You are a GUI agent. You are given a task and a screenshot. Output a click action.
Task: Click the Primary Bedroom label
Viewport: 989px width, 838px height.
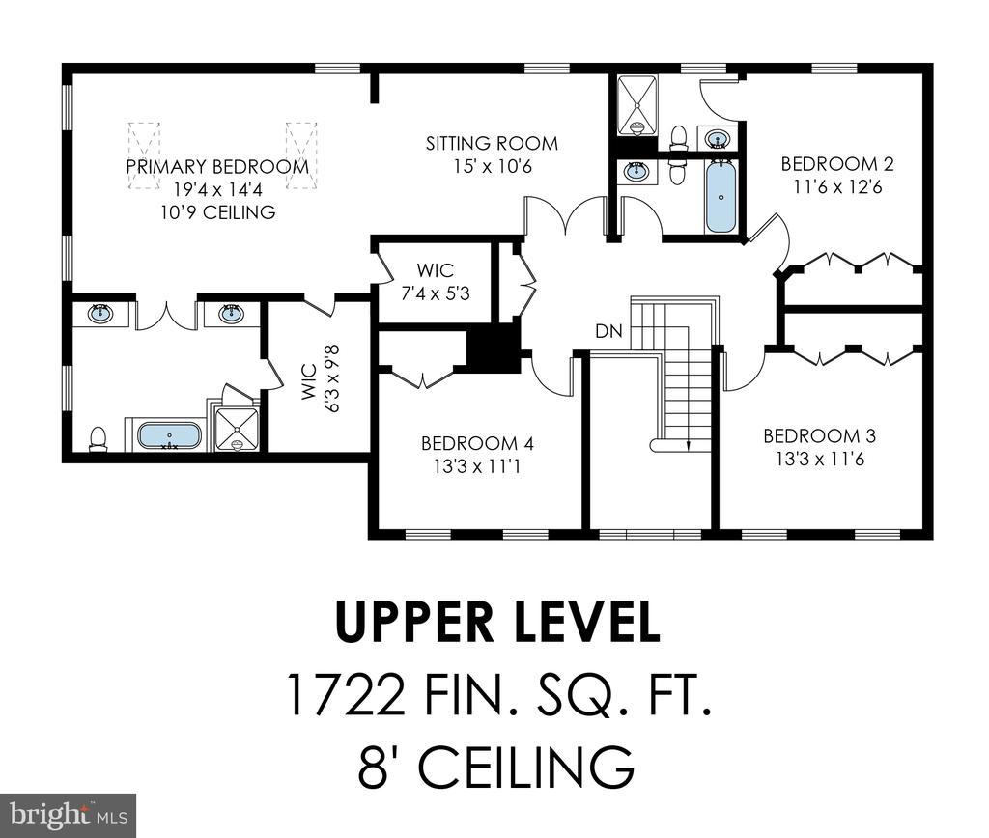tap(217, 166)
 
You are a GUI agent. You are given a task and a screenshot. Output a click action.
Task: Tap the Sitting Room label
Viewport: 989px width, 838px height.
tap(492, 144)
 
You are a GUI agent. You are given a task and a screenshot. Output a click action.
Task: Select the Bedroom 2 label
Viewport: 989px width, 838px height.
tap(837, 164)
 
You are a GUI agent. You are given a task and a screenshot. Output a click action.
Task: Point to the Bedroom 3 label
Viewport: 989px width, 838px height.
tap(819, 435)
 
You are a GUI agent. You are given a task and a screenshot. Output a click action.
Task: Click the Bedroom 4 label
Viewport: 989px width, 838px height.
tap(477, 443)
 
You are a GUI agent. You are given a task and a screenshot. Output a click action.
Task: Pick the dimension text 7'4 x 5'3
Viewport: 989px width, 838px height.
tap(436, 293)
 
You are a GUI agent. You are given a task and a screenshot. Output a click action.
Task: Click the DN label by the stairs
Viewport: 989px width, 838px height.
tap(608, 330)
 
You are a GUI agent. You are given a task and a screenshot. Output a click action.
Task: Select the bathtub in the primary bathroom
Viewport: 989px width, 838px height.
tap(169, 435)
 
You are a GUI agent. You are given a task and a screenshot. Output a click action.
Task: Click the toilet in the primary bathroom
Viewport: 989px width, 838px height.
tap(98, 439)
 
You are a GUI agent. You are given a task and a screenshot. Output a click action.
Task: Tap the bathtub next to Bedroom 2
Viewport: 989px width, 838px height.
tap(721, 196)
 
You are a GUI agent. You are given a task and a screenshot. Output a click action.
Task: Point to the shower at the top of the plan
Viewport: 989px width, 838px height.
tap(636, 104)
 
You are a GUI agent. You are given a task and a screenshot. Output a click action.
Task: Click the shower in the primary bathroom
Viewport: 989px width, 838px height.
tap(237, 429)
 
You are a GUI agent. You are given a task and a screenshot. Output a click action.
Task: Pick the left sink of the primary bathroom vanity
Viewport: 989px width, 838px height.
tap(100, 313)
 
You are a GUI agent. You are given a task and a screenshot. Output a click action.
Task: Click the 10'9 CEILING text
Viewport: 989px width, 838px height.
tap(217, 211)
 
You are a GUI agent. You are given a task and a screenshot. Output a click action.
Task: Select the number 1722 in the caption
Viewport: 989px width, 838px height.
tap(345, 693)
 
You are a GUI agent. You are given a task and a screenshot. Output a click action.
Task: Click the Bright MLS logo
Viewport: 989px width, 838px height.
tap(69, 816)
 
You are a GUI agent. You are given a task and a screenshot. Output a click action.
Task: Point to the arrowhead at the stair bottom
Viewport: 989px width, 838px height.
tap(688, 445)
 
